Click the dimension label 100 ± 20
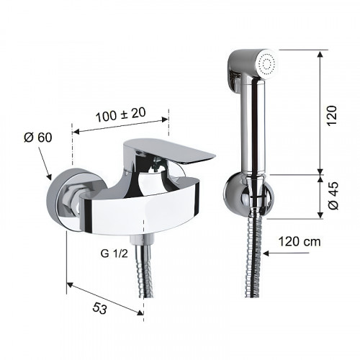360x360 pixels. (x=120, y=114)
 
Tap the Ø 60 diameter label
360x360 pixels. (x=38, y=138)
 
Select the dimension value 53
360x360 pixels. (x=99, y=308)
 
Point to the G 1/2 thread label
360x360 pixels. (x=114, y=253)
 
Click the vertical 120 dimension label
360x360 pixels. (x=332, y=115)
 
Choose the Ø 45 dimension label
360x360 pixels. (x=333, y=195)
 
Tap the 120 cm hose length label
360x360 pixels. (x=300, y=241)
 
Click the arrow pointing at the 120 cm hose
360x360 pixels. (x=286, y=253)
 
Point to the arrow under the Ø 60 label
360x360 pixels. (x=45, y=163)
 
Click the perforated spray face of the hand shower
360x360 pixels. (x=268, y=64)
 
